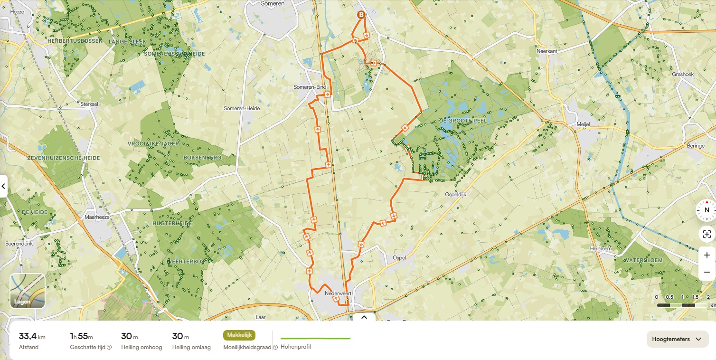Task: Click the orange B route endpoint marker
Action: click(361, 15)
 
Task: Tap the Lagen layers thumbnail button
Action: click(28, 291)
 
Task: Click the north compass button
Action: click(707, 210)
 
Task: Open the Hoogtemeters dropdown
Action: click(677, 339)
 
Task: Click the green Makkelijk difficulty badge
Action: click(239, 335)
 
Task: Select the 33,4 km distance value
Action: click(32, 336)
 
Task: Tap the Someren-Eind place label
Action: click(310, 87)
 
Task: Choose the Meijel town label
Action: click(583, 124)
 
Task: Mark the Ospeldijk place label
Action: click(456, 194)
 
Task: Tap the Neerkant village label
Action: click(546, 51)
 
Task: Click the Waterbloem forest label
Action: click(642, 260)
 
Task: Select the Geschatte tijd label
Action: click(88, 347)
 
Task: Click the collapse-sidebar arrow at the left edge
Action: click(3, 186)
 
